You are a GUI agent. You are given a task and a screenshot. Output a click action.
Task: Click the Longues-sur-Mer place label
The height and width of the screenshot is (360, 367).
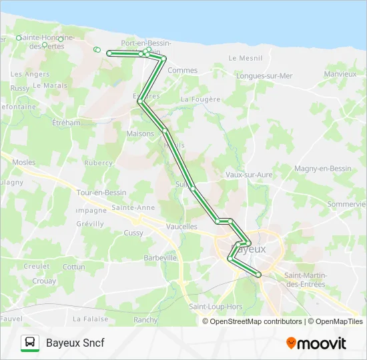(264, 76)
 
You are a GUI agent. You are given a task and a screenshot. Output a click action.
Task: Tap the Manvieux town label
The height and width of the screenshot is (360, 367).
(340, 74)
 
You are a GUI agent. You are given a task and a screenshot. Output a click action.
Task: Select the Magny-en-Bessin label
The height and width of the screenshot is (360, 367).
(323, 169)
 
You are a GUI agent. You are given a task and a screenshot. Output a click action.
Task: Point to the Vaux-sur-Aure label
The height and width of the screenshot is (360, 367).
(249, 175)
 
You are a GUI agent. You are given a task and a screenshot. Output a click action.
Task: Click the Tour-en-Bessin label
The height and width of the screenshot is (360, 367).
(101, 193)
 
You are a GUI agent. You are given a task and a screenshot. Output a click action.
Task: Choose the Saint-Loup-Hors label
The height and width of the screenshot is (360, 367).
(216, 307)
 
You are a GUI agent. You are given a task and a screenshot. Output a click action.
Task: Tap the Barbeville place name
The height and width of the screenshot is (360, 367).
(160, 257)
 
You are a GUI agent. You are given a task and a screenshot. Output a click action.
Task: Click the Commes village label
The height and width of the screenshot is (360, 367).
(182, 70)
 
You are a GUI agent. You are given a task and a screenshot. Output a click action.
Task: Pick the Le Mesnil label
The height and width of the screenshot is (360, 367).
(245, 58)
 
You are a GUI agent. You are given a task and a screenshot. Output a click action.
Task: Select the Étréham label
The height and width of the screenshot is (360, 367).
(66, 123)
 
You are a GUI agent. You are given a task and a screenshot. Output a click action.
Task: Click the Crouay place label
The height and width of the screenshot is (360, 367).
(44, 281)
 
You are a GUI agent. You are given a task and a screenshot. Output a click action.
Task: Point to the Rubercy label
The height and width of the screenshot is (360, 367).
(98, 163)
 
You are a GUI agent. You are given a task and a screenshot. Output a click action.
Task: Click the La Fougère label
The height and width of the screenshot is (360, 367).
(200, 99)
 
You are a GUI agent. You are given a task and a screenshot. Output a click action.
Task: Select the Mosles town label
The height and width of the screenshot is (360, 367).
(24, 162)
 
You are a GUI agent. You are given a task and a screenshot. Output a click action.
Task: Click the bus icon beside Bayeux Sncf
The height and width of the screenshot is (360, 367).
(29, 343)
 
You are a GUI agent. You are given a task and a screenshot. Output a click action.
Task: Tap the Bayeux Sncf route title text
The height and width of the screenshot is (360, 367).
(75, 343)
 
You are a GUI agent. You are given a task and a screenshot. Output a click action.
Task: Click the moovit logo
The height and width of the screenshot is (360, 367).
(316, 343)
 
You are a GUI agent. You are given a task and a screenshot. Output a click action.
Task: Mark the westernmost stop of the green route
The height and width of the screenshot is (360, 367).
(109, 53)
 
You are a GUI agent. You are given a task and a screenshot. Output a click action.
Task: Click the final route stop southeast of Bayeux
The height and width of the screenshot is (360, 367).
(258, 274)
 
